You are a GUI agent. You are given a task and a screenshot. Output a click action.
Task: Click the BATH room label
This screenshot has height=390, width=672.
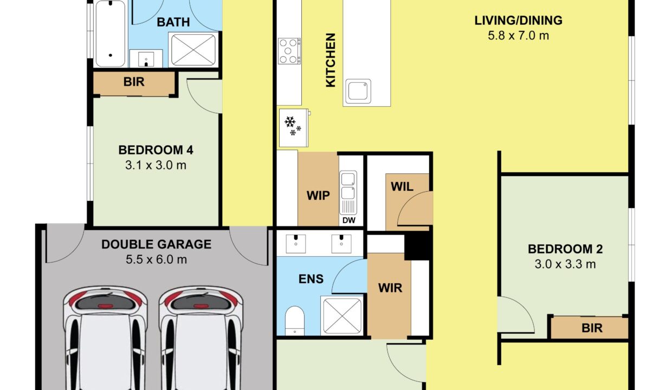173,22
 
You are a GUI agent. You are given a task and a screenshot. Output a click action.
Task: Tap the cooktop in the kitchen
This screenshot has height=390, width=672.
289,51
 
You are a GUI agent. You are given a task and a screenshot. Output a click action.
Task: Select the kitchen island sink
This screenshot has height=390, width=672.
358,91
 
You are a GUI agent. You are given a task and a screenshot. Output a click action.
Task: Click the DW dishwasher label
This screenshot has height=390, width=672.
348,220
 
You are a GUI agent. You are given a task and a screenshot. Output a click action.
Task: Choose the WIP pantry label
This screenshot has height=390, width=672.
318,196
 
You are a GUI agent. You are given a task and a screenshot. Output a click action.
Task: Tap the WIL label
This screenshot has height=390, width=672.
402,187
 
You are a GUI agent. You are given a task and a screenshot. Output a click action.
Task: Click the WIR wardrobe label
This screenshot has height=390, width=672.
390,288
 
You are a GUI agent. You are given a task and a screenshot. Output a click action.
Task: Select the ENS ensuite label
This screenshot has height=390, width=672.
311,279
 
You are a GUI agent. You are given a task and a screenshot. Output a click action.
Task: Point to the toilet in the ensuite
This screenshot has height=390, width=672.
295,320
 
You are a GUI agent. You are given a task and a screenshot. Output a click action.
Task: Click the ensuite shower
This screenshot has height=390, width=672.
342,315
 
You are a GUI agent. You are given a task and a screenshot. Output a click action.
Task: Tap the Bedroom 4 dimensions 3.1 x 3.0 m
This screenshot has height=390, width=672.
156,165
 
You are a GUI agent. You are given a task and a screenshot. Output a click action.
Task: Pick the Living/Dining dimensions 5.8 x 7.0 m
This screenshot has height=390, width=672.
518,36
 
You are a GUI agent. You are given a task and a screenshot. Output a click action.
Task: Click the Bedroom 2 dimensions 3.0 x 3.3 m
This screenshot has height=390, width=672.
565,264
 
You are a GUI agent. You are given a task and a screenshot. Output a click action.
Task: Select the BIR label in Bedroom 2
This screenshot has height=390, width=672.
592,328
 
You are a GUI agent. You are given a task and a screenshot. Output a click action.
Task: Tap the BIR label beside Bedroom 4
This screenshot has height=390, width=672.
134,82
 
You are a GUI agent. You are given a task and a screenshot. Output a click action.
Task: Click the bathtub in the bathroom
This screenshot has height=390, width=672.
110,34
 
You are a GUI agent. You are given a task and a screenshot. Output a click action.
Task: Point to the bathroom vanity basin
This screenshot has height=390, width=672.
146,58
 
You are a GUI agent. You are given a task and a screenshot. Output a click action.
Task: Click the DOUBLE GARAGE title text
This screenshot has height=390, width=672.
156,244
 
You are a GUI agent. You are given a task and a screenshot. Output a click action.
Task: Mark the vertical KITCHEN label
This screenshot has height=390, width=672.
331,60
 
